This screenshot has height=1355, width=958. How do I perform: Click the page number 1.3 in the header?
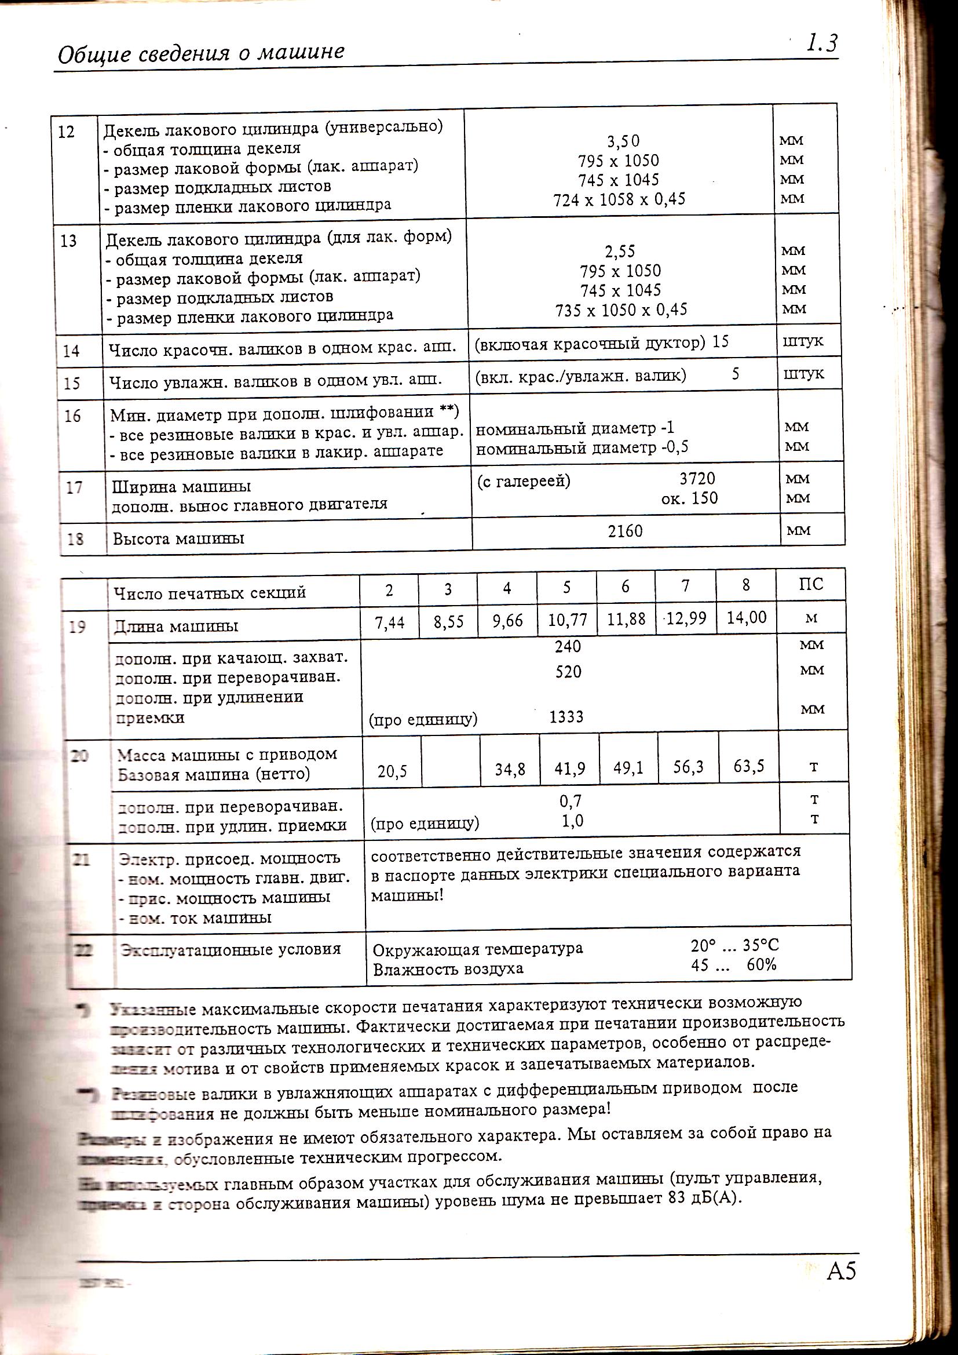(x=822, y=43)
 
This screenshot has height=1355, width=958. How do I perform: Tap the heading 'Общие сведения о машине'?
(x=201, y=53)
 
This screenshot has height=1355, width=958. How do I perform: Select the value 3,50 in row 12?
(x=623, y=141)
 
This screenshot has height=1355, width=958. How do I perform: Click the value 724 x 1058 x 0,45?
(x=619, y=199)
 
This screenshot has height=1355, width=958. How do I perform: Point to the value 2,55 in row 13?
(x=619, y=252)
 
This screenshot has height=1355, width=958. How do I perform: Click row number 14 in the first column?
(x=71, y=351)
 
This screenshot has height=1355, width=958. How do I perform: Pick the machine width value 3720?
(x=697, y=478)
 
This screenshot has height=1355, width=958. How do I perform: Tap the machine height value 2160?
(x=625, y=531)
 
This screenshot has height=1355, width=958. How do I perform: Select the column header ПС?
(x=810, y=584)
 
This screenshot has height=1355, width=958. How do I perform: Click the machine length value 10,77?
(x=567, y=620)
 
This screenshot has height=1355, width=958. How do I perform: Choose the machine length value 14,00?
(x=746, y=617)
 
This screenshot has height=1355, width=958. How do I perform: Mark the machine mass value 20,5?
(x=392, y=771)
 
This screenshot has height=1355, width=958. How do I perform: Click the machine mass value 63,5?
(x=748, y=766)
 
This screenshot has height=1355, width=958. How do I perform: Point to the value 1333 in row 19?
(x=566, y=717)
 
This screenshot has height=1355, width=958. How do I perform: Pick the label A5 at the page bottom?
(x=841, y=1270)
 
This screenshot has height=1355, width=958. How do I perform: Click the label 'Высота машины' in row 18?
(x=178, y=539)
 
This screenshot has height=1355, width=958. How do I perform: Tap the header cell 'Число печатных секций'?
(x=210, y=592)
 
